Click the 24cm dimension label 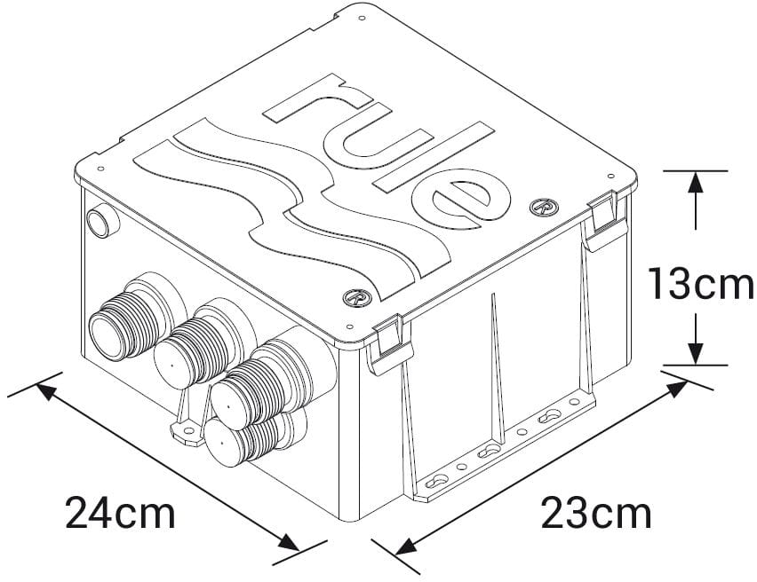pyautogui.click(x=120, y=512)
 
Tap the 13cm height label pyautogui.click(x=700, y=286)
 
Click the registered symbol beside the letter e pyautogui.click(x=539, y=206)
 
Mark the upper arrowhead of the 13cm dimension pyautogui.click(x=696, y=181)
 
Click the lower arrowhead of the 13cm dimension pyautogui.click(x=696, y=353)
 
